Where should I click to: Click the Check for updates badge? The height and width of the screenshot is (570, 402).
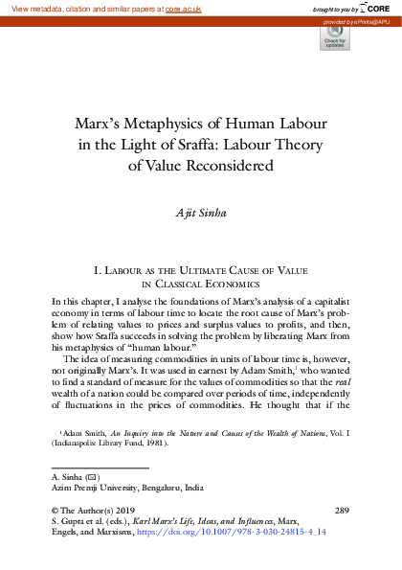pos(334,39)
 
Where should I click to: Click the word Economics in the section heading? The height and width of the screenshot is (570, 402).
pos(228,285)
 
